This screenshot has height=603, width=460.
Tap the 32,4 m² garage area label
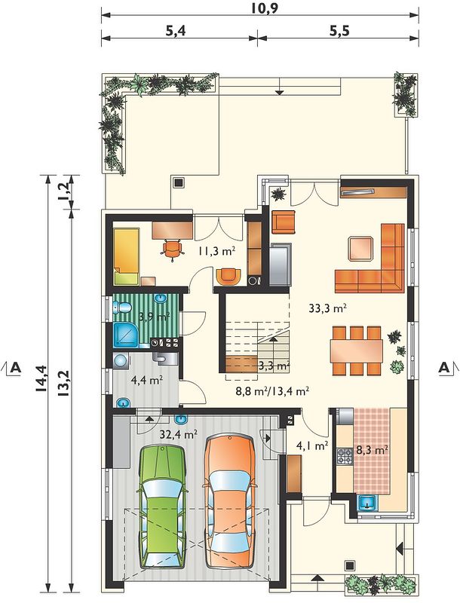click(179, 435)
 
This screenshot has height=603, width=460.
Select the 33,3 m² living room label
click(328, 308)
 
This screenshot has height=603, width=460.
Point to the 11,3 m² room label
click(217, 251)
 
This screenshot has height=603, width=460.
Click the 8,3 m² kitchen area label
click(372, 450)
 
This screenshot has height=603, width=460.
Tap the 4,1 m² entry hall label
click(312, 445)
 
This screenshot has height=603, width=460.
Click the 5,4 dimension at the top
click(176, 31)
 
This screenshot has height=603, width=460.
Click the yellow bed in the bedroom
click(126, 256)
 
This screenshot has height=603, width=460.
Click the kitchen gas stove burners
click(345, 456)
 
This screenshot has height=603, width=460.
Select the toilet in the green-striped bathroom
click(122, 308)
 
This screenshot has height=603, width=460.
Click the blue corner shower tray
click(125, 335)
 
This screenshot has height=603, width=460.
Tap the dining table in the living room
click(357, 350)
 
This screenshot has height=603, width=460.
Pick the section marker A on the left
click(15, 368)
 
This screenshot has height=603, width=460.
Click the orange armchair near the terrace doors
click(284, 222)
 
